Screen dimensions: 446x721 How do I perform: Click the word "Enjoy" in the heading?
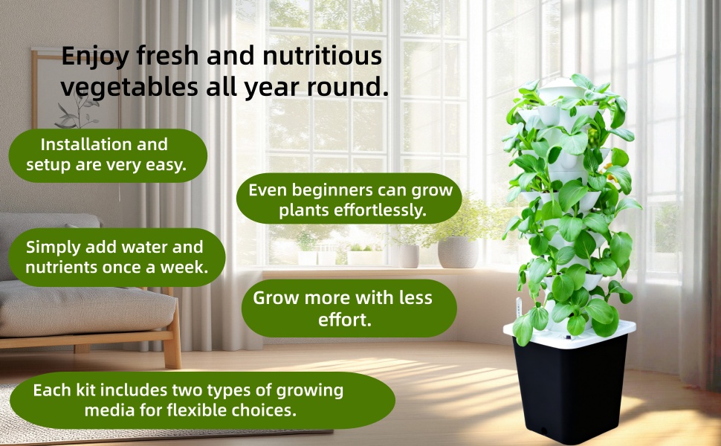tap(91, 56)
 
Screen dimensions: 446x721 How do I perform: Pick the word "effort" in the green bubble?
tap(344, 320)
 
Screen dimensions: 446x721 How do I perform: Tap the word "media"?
tap(109, 410)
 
